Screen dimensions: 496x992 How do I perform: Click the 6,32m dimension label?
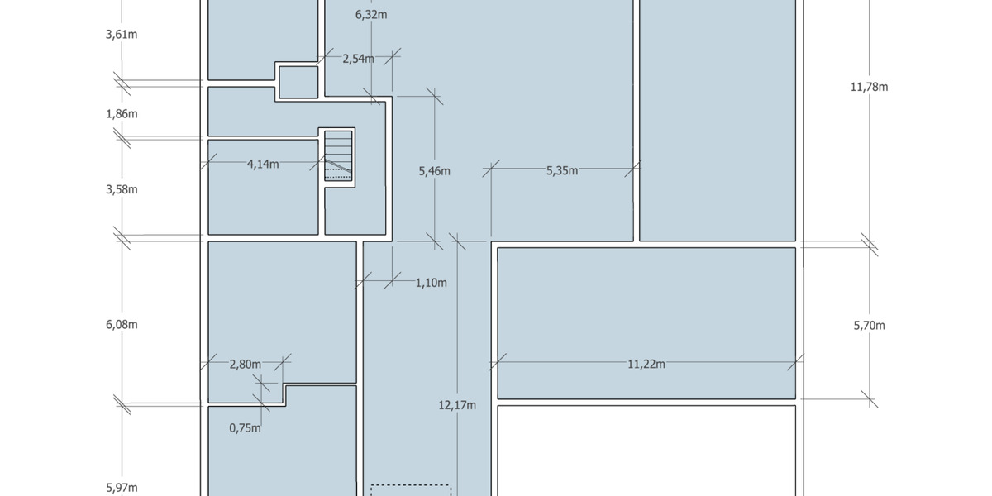click(x=371, y=14)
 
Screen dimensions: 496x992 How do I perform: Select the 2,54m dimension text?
click(x=358, y=59)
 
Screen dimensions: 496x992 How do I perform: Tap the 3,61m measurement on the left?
click(x=122, y=36)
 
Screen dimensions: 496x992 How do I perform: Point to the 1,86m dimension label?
click(x=122, y=113)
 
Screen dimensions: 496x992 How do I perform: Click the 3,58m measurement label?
click(x=122, y=189)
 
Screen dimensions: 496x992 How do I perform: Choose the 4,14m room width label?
click(x=263, y=164)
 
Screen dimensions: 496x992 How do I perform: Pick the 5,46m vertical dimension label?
click(x=434, y=171)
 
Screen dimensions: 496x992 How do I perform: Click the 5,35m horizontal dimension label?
click(x=562, y=170)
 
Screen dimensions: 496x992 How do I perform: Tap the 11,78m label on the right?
click(x=869, y=87)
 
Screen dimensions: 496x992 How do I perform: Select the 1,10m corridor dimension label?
click(x=431, y=283)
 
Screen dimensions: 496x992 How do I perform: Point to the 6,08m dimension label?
click(x=122, y=324)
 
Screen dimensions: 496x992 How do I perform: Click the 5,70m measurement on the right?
click(x=869, y=326)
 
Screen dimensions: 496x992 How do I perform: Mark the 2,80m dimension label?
click(x=246, y=364)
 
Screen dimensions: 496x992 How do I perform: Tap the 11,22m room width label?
click(x=646, y=364)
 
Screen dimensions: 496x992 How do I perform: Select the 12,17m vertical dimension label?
click(x=457, y=405)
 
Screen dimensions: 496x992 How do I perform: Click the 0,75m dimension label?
click(x=245, y=428)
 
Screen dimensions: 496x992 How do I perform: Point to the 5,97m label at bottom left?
click(x=122, y=488)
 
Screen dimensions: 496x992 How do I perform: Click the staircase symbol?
click(x=338, y=155)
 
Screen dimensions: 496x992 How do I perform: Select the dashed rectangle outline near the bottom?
click(x=410, y=489)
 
